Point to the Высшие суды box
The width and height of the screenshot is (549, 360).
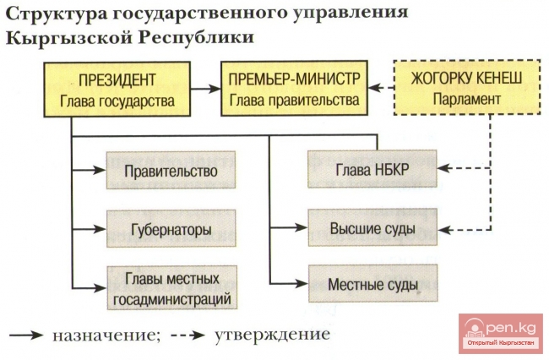pyautogui.click(x=371, y=229)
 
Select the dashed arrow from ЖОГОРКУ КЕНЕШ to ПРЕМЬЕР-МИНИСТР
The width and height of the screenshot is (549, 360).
pyautogui.click(x=382, y=87)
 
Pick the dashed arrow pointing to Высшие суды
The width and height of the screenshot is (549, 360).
pyautogui.click(x=460, y=229)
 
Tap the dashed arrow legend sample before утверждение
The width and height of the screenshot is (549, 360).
pyautogui.click(x=187, y=335)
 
